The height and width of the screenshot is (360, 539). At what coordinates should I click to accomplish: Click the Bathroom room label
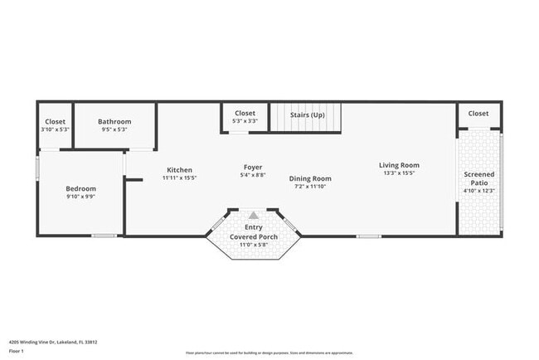(114, 121)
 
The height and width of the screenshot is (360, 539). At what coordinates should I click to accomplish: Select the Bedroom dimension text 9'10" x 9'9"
(80, 197)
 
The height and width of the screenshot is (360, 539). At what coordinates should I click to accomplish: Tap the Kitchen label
(179, 169)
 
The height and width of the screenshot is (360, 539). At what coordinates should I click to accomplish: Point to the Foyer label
(253, 167)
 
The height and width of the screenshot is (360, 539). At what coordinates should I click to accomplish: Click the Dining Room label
(310, 178)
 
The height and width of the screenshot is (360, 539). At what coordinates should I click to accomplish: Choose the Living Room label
(399, 164)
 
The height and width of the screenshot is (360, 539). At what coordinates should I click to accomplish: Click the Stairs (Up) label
(307, 114)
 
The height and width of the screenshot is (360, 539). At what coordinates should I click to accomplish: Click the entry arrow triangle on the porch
(254, 214)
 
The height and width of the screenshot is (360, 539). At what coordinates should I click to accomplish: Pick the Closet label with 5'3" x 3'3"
(245, 113)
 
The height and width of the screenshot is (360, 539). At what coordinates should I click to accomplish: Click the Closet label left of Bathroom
(56, 121)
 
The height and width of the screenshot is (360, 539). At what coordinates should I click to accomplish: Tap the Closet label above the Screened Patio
(478, 113)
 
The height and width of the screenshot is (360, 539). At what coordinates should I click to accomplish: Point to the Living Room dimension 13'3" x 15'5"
(399, 173)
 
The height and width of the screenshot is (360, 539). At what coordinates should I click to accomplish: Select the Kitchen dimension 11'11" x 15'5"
(179, 178)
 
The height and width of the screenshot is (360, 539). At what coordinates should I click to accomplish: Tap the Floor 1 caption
(17, 352)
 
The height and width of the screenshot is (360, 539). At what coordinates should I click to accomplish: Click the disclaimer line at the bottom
(269, 352)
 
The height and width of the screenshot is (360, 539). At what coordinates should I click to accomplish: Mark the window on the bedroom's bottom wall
(104, 236)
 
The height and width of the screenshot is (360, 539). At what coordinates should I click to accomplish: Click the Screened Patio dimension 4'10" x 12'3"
(478, 191)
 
